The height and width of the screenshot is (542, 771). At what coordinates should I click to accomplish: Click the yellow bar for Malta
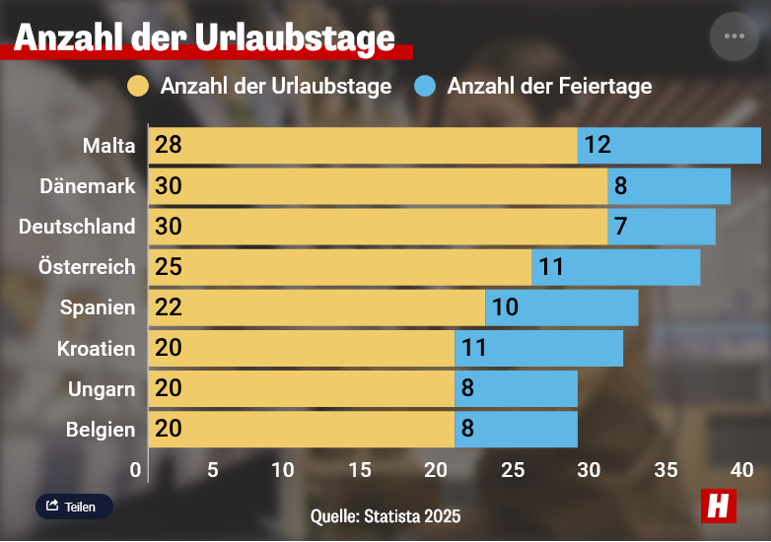click(363, 146)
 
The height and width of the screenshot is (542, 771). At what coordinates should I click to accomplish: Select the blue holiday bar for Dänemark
click(668, 186)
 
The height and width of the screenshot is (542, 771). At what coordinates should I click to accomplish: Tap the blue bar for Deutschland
click(661, 227)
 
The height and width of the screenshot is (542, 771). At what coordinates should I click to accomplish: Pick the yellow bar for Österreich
click(340, 267)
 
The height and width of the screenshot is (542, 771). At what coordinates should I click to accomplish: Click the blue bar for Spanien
click(561, 307)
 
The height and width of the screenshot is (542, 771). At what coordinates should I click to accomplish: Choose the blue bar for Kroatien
click(538, 348)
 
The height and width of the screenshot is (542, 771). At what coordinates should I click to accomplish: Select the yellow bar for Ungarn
click(302, 388)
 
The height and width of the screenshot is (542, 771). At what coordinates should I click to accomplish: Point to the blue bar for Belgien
click(516, 429)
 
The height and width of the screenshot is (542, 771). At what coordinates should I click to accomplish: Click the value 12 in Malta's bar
click(597, 146)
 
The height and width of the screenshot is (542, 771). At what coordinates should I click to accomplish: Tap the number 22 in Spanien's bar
click(169, 307)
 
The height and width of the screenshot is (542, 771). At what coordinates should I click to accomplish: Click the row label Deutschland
click(77, 227)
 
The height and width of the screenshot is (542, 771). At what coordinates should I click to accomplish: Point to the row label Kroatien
click(96, 348)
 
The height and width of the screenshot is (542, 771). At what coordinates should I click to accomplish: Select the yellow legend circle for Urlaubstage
click(139, 87)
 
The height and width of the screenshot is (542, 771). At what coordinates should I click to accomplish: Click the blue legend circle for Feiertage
click(425, 87)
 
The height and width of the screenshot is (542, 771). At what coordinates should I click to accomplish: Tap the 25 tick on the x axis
click(513, 470)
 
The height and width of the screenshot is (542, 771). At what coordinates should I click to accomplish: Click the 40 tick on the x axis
click(742, 470)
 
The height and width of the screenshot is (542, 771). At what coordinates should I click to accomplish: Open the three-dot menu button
click(735, 36)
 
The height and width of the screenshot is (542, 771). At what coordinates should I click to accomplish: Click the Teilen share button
click(74, 507)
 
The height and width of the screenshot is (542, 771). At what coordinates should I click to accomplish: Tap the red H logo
click(719, 505)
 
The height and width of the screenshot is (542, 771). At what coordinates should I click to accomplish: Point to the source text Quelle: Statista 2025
click(385, 515)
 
